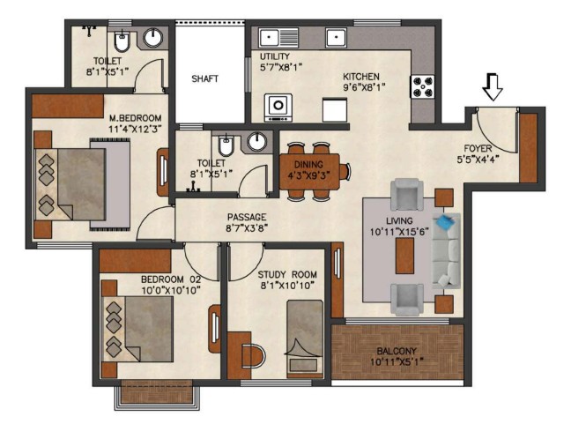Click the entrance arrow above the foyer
click(493, 87)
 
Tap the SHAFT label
click(205, 78)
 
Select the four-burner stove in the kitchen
click(422, 86)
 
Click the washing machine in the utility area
click(278, 108)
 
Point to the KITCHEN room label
click(361, 77)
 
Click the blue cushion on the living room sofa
click(445, 221)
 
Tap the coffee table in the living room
click(404, 256)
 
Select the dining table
click(309, 172)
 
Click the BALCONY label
click(397, 351)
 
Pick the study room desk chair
click(255, 356)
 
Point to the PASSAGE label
click(247, 218)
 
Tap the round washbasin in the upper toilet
click(152, 38)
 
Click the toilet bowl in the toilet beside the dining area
click(226, 145)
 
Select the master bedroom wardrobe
click(68, 106)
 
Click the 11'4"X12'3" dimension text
click(135, 129)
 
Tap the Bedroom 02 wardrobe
click(135, 260)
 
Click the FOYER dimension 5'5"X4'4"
click(478, 160)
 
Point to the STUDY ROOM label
click(287, 275)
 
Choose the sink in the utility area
click(278, 38)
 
